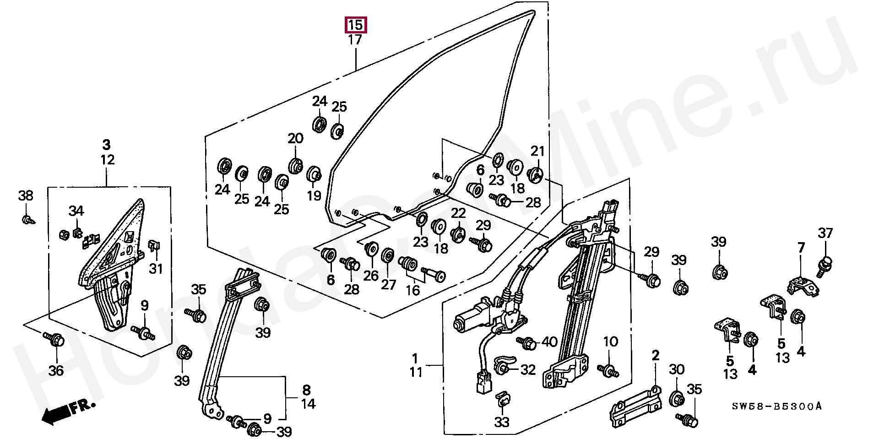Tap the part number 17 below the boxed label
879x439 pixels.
(355, 40)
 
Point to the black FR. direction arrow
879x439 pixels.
(68, 410)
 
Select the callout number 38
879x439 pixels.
(26, 196)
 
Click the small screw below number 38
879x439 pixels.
(27, 220)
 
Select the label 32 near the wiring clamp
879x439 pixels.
(528, 369)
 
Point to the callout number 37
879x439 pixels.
(825, 233)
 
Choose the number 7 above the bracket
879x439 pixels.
(801, 248)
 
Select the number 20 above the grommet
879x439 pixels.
(295, 138)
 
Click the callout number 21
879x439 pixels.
(537, 151)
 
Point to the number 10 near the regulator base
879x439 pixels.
(610, 341)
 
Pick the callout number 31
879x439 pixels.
(156, 268)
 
